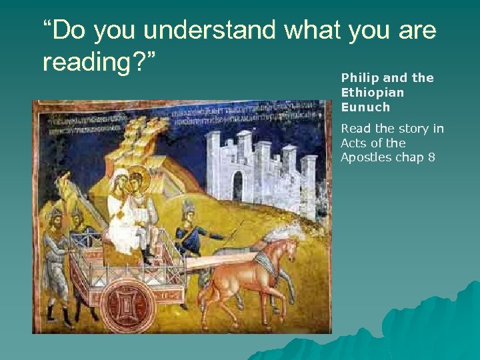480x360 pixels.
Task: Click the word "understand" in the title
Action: click(x=209, y=31)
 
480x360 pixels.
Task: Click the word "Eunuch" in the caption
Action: click(x=365, y=107)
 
